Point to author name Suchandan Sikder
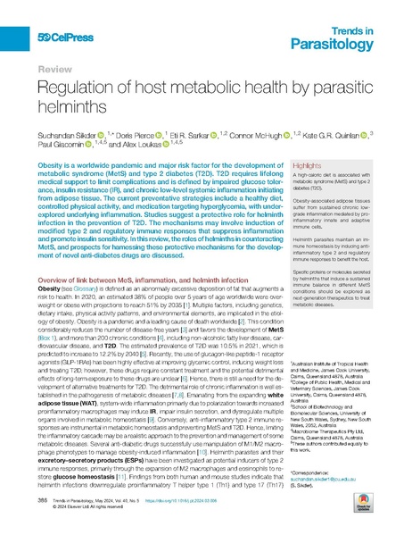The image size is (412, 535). (x=63, y=130)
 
